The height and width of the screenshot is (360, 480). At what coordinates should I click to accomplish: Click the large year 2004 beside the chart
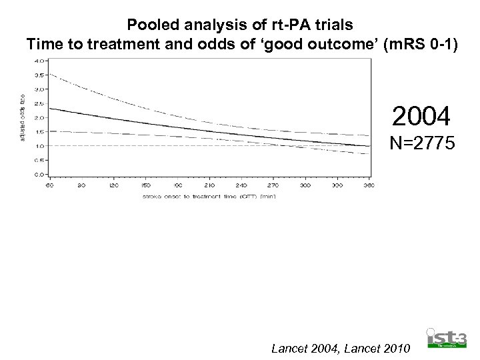point(421,117)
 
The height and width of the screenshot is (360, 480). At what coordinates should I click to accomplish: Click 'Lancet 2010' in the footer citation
point(379,348)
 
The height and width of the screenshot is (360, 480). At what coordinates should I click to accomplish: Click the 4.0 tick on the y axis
point(39,61)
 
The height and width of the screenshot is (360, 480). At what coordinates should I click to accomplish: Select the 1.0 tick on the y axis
point(39,146)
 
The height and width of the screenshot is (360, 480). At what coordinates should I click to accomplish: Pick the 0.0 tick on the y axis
point(39,175)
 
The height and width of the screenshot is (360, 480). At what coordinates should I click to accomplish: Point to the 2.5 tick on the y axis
point(39,103)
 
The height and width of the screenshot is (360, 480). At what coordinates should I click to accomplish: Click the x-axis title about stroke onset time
point(208,197)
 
